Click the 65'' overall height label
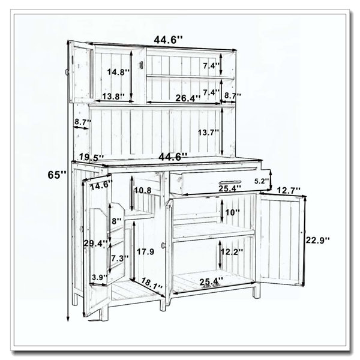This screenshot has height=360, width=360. pos(57,175)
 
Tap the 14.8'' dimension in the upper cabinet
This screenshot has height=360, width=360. pos(119,72)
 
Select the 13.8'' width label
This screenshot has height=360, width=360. pos(113,97)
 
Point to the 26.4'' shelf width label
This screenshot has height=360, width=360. pos(188,98)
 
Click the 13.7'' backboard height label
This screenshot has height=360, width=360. pos(208,133)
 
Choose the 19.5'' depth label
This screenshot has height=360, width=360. pos(92,157)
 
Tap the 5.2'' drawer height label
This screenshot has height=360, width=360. pos(262,181)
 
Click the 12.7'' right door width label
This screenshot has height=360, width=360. pos(289,190)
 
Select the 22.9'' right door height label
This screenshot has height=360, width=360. pos(317,240)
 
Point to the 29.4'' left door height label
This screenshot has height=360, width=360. pos(95,243)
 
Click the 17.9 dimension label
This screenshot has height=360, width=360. pos(146,252)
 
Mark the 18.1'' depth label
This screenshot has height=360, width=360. pos(152,284)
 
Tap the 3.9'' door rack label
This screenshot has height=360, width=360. pos(100,277)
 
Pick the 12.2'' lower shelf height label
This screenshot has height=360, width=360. pos(232,251)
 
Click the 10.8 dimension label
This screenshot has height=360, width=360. pos(143,190)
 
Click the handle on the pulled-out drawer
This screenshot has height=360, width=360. pos(230,182)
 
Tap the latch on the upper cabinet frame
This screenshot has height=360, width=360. pos(141,65)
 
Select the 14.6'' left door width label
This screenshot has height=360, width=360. pos(101,185)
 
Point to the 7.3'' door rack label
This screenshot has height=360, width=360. pos(120,258)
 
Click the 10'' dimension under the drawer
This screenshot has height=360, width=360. pos(232,212)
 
